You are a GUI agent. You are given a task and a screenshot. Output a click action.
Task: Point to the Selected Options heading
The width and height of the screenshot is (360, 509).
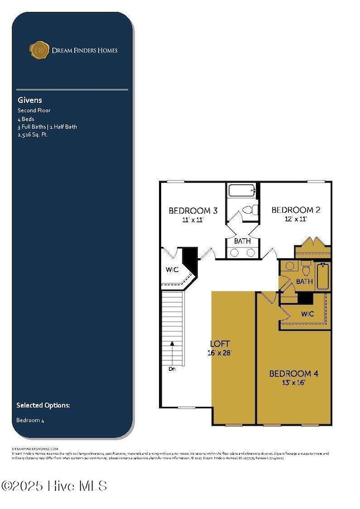click(x=43, y=405)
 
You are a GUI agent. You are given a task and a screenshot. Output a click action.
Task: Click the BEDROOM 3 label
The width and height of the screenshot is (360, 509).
click(x=193, y=210)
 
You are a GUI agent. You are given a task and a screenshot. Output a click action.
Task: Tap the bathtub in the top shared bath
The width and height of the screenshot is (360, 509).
click(x=242, y=192)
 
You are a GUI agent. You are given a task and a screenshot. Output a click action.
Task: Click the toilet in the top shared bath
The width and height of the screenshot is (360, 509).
click(x=252, y=210)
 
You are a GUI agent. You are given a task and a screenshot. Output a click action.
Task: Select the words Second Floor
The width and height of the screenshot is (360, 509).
click(x=33, y=111)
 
